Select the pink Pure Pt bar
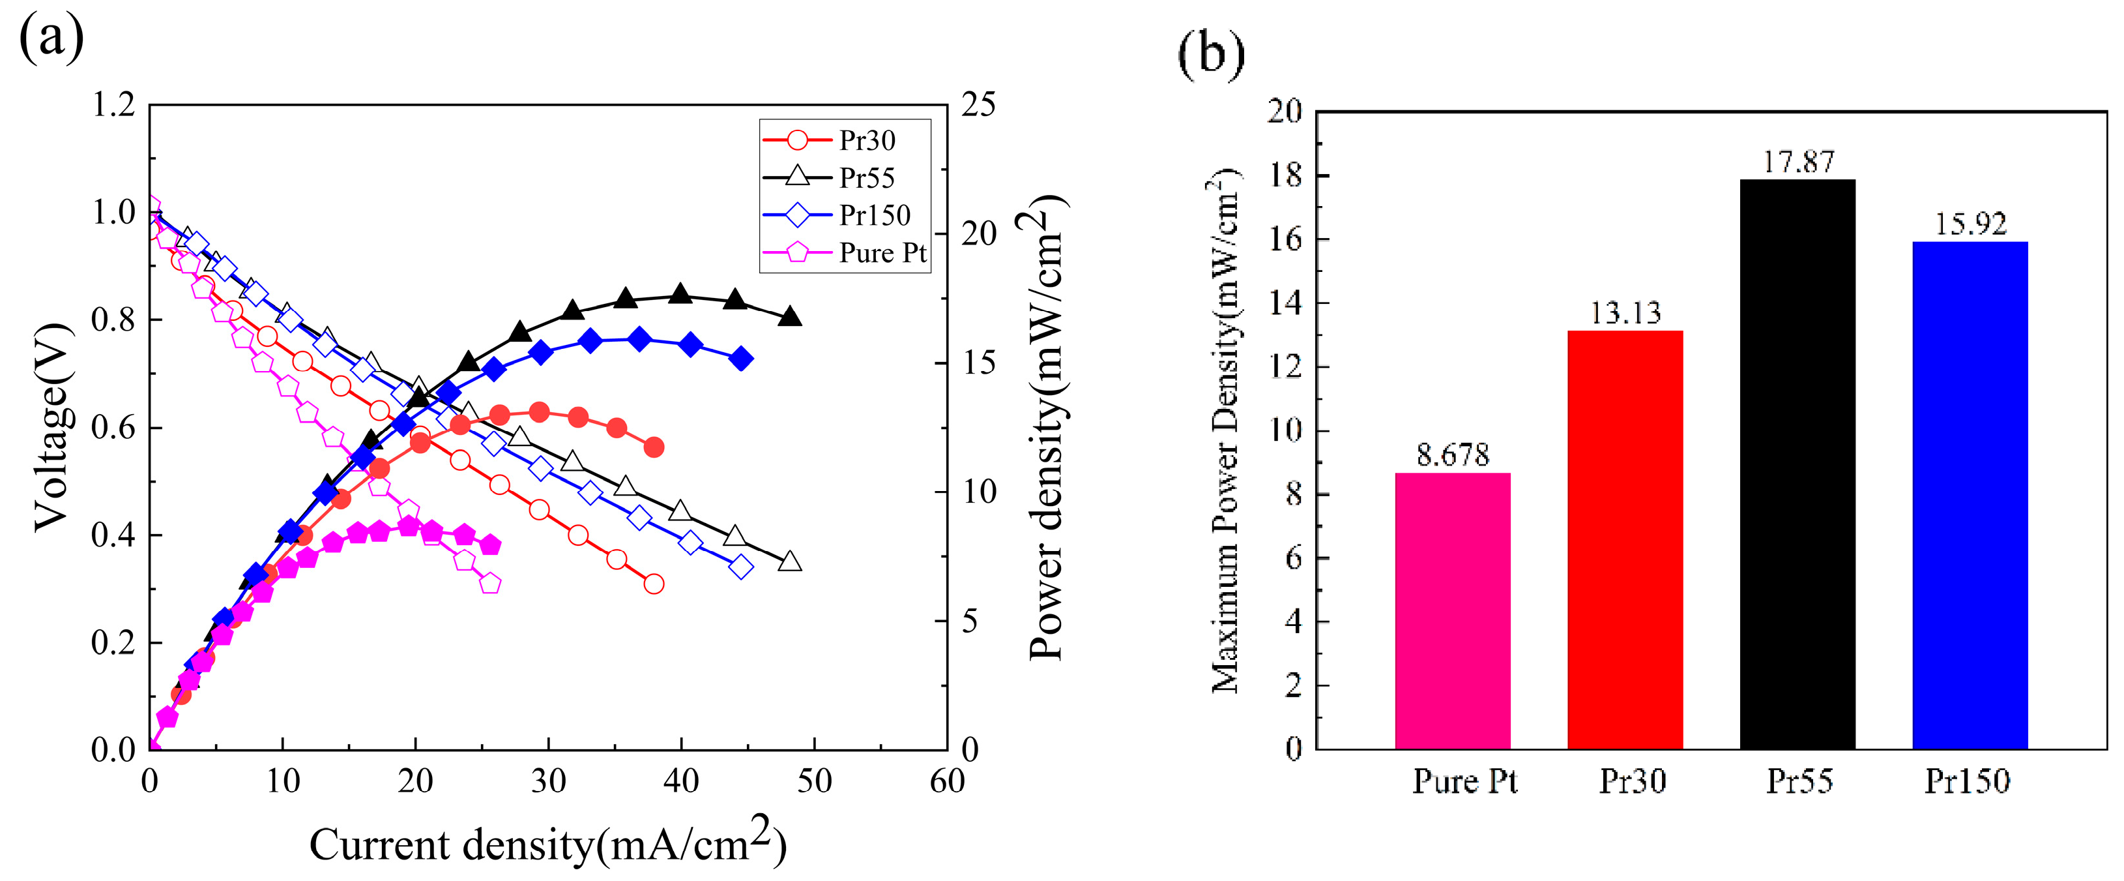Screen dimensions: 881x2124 point(1452,610)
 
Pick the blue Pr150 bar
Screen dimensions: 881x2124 point(1970,495)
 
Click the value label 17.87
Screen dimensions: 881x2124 point(1798,162)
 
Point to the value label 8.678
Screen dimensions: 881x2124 point(1453,455)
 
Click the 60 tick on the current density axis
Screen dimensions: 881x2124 point(946,781)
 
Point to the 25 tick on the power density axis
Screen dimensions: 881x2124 point(979,105)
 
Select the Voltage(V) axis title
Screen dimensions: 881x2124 point(51,427)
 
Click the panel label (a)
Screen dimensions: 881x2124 point(51,37)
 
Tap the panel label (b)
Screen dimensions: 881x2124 point(1210,53)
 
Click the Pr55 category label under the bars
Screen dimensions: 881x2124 point(1799,781)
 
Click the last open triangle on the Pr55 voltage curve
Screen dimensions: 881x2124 point(790,561)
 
